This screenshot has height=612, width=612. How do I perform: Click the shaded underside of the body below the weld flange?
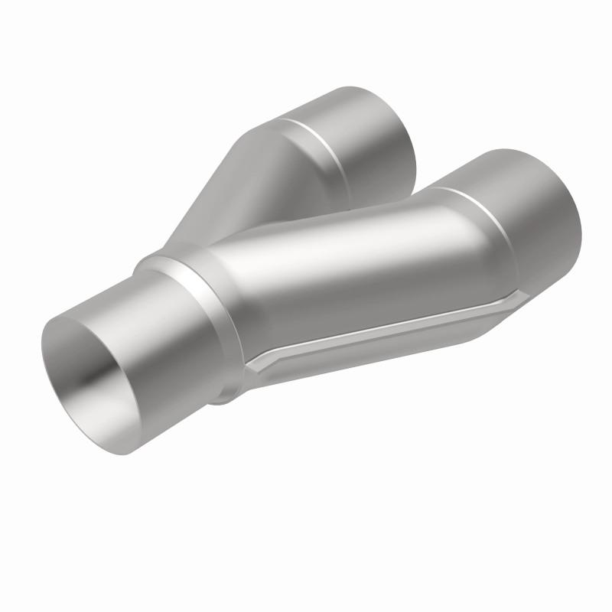367,360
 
